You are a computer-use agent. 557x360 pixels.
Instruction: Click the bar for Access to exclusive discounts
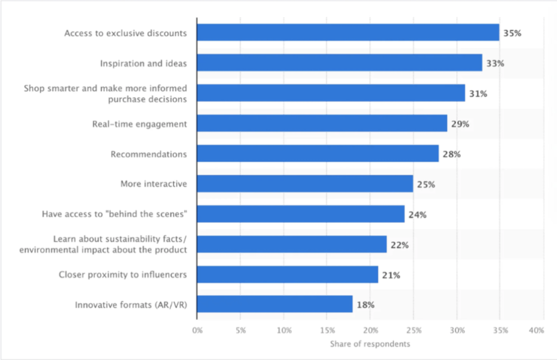pos(348,32)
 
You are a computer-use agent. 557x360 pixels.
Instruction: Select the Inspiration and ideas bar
pos(340,63)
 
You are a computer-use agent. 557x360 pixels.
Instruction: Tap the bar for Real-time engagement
pos(322,123)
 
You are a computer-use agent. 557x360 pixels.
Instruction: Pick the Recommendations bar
pos(318,153)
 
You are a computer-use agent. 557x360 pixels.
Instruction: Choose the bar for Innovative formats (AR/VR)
pos(275,304)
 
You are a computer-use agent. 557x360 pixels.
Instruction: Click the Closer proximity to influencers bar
pos(288,274)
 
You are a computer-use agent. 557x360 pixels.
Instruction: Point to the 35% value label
pos(512,33)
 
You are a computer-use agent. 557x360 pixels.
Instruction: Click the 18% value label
pos(366,305)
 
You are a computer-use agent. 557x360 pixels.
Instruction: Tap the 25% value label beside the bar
pos(426,185)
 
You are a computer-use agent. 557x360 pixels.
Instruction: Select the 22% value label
pos(400,245)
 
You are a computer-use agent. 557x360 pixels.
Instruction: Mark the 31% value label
pos(478,94)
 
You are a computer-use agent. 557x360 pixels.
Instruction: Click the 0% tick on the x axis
pos(197,330)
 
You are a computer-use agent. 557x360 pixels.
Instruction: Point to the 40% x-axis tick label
pos(536,330)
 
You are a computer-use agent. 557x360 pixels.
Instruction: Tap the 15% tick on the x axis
pos(327,330)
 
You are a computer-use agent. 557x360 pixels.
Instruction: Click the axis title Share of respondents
pos(370,344)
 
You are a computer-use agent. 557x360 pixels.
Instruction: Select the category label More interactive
pos(154,184)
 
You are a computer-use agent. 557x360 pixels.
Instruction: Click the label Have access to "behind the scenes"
pos(115,214)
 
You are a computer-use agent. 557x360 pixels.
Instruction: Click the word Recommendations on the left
pos(148,154)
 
